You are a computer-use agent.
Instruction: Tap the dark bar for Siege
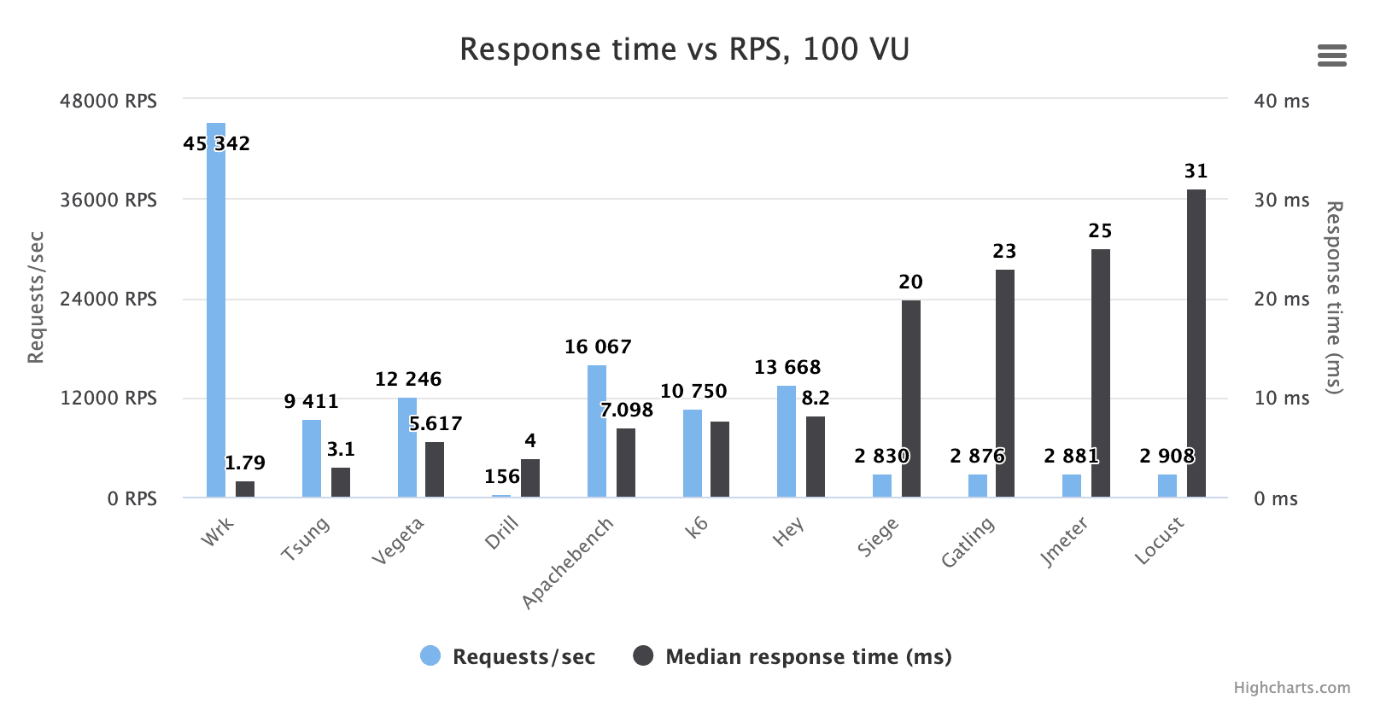(x=911, y=401)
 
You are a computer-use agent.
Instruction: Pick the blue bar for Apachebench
(x=597, y=435)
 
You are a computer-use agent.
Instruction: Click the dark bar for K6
(x=720, y=461)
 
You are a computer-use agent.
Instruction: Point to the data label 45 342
(x=216, y=143)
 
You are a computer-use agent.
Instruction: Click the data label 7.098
(x=626, y=410)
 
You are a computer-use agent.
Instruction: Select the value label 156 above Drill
(x=502, y=477)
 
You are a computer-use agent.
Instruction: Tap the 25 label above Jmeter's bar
(x=1100, y=231)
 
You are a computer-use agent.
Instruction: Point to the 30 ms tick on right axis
(x=1281, y=201)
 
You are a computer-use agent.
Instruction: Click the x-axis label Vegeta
(x=398, y=541)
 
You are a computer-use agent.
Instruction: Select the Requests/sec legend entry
(x=508, y=656)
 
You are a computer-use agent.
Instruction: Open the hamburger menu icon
(x=1331, y=56)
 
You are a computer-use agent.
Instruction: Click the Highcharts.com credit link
(x=1291, y=688)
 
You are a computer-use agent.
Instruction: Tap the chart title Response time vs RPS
(x=684, y=49)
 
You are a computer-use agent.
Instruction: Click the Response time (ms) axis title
(x=1333, y=297)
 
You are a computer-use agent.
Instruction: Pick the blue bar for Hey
(x=787, y=444)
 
